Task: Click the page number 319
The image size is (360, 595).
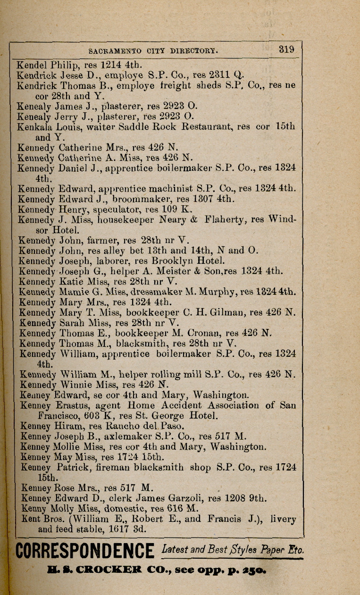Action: tap(286, 49)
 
